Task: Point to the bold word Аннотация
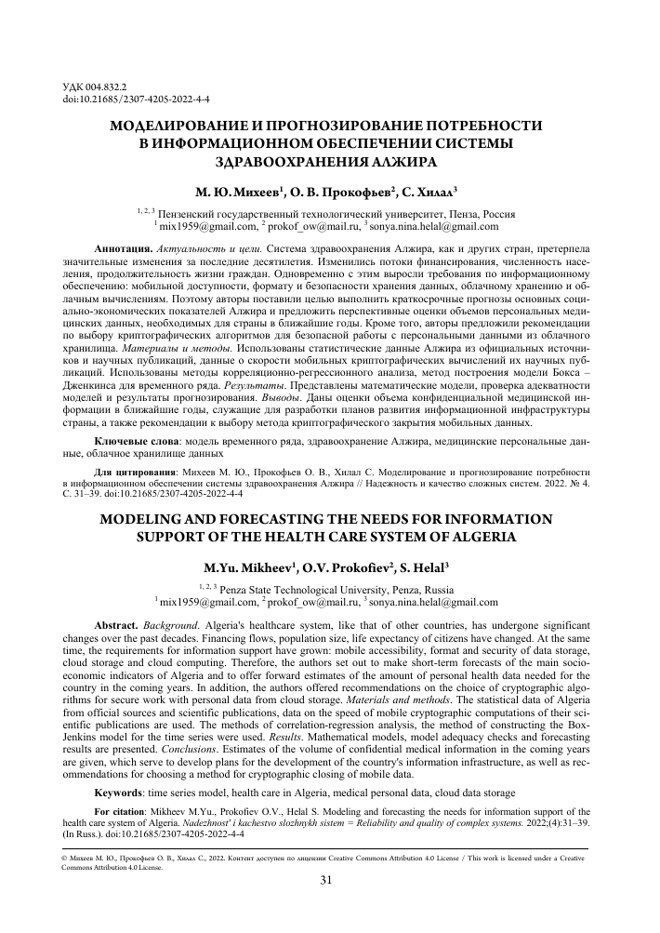click(125, 250)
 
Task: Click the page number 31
click(327, 880)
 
